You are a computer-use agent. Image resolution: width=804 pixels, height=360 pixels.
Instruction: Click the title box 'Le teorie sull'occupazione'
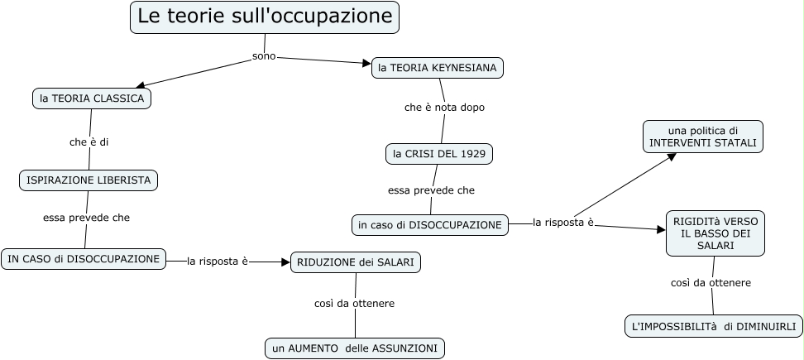264,17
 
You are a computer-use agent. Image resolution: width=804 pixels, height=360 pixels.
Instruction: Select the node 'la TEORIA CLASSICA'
92,98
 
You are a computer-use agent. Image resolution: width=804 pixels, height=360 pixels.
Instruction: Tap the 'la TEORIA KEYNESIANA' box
438,68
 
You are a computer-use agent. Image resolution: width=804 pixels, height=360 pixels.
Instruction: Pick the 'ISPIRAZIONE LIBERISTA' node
88,180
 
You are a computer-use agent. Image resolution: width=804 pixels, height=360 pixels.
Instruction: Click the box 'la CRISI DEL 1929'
439,154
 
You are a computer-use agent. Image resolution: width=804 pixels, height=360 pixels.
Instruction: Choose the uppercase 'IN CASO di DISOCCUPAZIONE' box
84,259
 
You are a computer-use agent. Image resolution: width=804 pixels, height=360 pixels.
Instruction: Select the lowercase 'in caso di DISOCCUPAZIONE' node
429,224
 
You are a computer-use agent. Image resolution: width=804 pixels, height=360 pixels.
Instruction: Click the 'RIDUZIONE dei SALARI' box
356,262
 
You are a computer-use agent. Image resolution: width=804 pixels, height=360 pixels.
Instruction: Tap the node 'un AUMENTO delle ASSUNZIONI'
355,348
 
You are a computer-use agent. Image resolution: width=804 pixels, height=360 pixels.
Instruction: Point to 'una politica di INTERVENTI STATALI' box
703,137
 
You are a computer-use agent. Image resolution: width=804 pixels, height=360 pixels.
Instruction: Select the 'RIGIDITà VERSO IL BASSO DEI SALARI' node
715,234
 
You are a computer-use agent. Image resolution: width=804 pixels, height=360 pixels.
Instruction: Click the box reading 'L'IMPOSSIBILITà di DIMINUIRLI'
713,327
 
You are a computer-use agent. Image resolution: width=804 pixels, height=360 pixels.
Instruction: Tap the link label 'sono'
263,56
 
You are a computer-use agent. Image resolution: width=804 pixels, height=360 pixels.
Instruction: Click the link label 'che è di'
89,142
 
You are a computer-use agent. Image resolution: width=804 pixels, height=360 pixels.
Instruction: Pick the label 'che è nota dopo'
444,108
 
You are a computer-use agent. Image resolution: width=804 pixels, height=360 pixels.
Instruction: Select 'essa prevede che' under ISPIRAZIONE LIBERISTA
86,218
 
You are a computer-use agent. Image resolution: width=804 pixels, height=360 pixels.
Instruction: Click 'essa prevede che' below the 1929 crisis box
431,190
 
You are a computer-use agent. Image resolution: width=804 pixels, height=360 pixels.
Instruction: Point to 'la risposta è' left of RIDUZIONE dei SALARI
218,262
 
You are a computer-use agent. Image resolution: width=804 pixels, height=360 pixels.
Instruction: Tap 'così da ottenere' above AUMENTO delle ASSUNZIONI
354,303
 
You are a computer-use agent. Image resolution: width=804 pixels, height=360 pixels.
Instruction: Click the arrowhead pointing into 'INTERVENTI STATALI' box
672,156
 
